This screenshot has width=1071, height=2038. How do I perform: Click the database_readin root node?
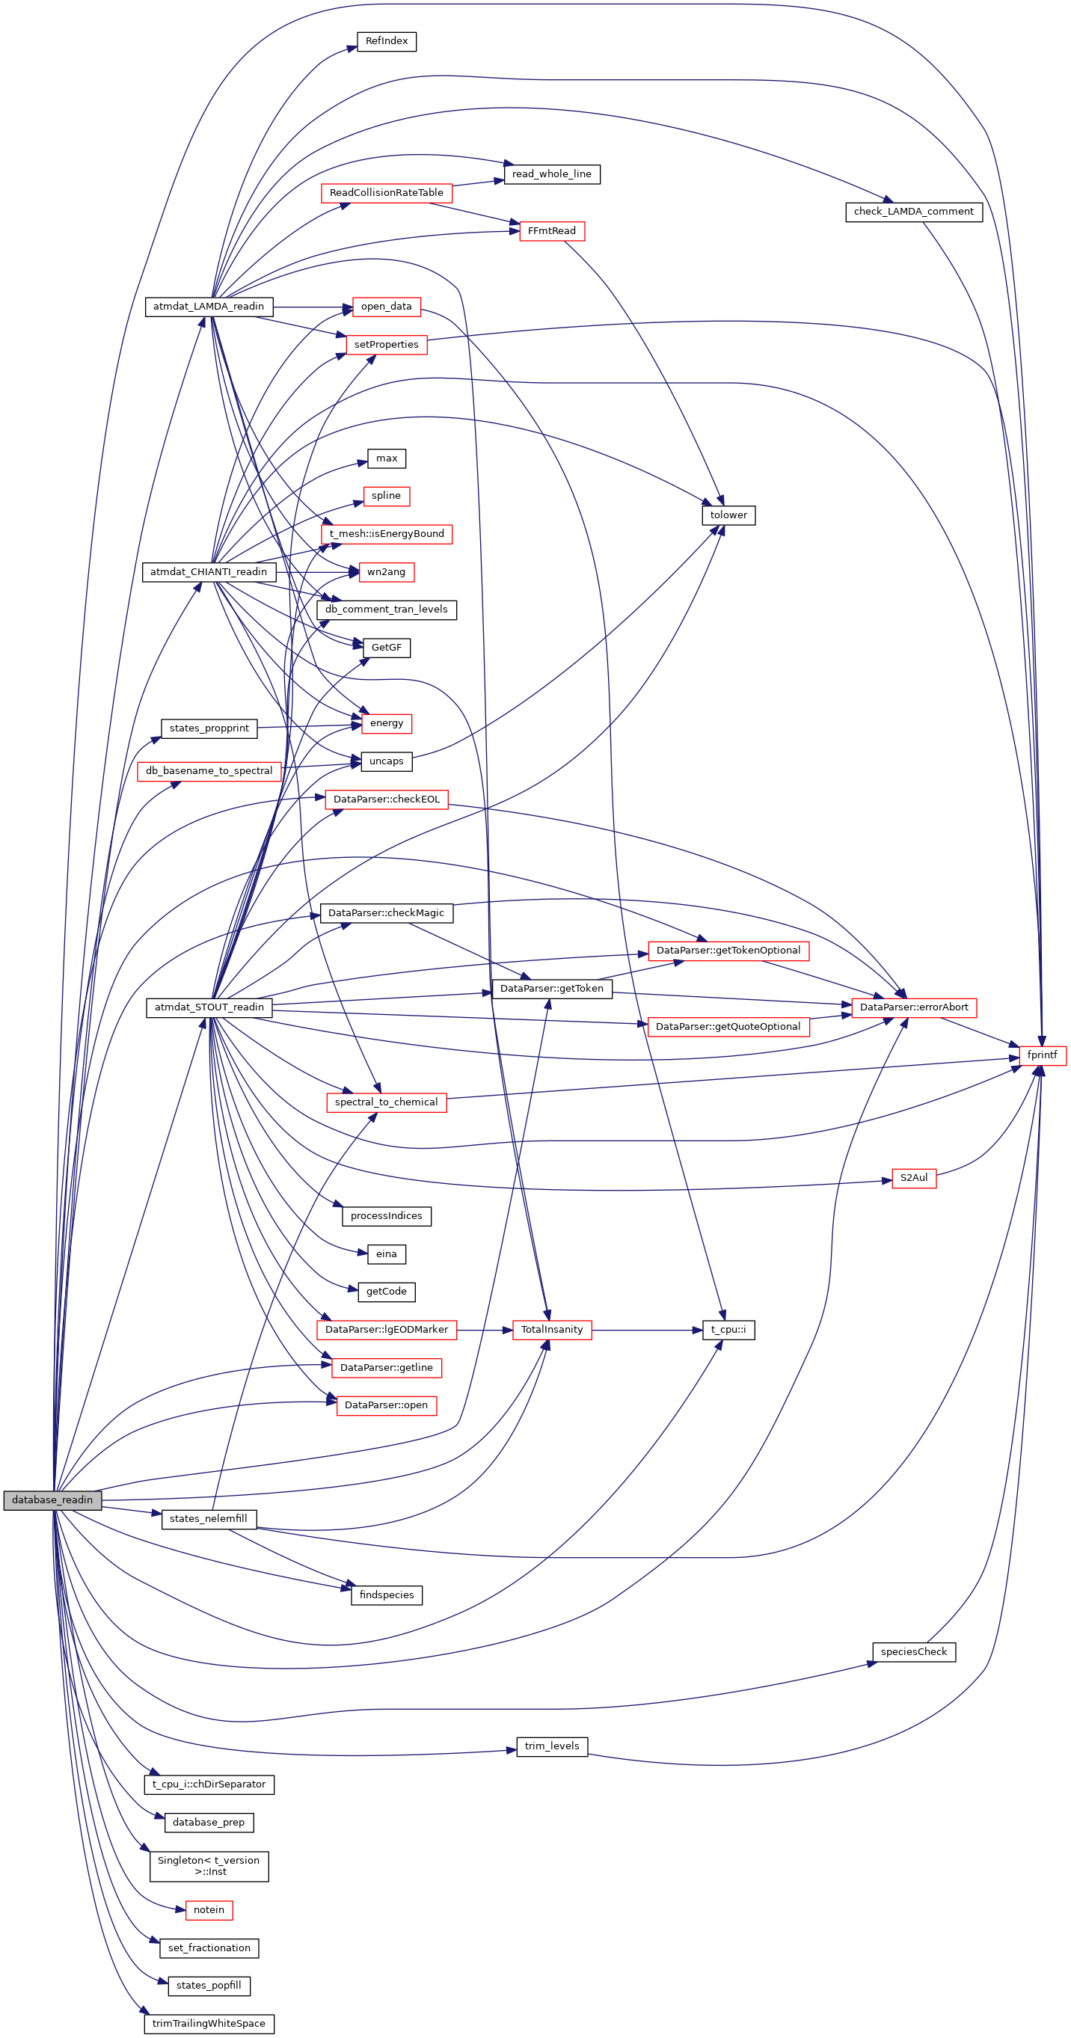52,1500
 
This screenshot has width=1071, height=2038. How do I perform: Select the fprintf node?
1042,1055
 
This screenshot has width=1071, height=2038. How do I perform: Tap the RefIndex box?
386,41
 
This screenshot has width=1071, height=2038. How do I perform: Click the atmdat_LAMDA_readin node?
209,306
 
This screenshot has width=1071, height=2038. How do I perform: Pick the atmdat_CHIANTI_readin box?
209,572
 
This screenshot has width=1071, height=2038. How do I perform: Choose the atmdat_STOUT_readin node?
209,1007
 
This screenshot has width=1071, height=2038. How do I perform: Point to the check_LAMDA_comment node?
914,212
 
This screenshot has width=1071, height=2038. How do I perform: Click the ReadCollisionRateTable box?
386,193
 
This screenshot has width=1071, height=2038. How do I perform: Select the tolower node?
728,515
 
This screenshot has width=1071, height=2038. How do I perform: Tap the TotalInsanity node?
551,1330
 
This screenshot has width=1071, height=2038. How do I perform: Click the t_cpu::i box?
728,1330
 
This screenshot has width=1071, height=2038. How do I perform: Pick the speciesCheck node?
914,1652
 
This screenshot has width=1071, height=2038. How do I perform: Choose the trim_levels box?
551,1746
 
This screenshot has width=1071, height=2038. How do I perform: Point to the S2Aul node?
914,1178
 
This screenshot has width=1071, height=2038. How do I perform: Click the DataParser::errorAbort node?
914,1007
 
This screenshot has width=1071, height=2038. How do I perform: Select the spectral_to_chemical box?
386,1102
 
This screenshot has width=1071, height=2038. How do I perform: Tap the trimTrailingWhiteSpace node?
209,2024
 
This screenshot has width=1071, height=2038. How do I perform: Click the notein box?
209,1910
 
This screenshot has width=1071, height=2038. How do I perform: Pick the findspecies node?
386,1595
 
